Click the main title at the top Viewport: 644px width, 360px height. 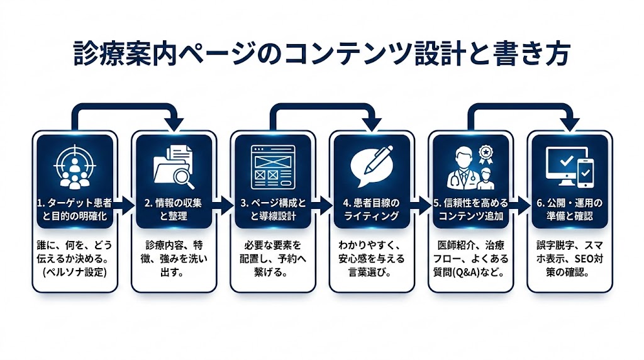pyautogui.click(x=321, y=55)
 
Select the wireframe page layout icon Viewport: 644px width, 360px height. pyautogui.click(x=272, y=167)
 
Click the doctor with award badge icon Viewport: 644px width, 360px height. pyautogui.click(x=470, y=167)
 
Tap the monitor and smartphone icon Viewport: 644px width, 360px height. pyautogui.click(x=569, y=167)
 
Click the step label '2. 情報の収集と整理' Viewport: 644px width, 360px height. pyautogui.click(x=174, y=210)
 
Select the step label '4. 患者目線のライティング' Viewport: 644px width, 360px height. pyautogui.click(x=371, y=210)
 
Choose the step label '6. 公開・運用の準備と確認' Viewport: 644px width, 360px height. pyautogui.click(x=569, y=210)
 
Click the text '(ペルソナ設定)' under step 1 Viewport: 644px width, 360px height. pyautogui.click(x=75, y=274)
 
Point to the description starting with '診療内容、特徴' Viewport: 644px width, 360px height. pyautogui.click(x=174, y=259)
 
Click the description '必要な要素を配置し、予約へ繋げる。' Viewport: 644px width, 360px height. pyautogui.click(x=272, y=259)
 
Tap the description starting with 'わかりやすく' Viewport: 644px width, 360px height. pyautogui.click(x=371, y=259)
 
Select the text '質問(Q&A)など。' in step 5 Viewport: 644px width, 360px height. pyautogui.click(x=470, y=274)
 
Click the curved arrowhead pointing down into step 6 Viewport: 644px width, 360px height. pyautogui.click(x=570, y=123)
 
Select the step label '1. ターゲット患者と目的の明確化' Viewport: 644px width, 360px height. pyautogui.click(x=75, y=210)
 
